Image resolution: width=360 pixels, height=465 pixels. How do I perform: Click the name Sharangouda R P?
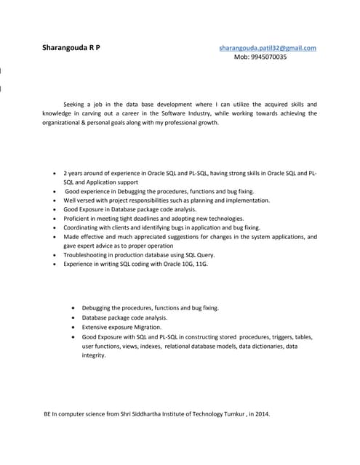[71, 48]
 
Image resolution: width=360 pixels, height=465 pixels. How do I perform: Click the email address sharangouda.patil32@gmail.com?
[268, 48]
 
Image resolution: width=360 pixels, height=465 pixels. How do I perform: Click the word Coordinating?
[84, 227]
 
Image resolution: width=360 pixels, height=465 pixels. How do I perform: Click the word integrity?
[94, 355]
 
